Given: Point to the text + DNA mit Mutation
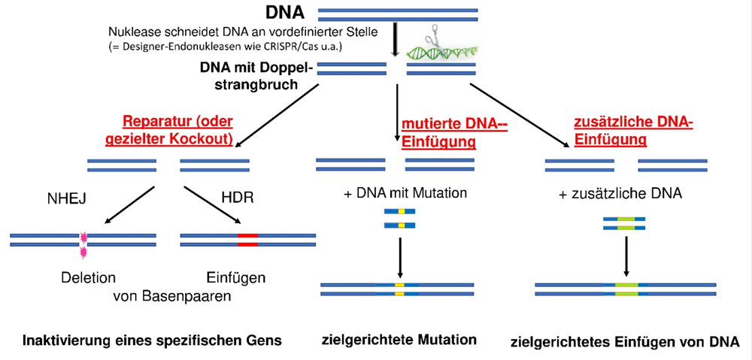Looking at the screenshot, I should [x=405, y=193].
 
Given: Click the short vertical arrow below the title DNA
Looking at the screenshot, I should [x=396, y=41].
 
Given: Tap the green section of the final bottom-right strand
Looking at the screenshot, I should [x=626, y=289].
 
